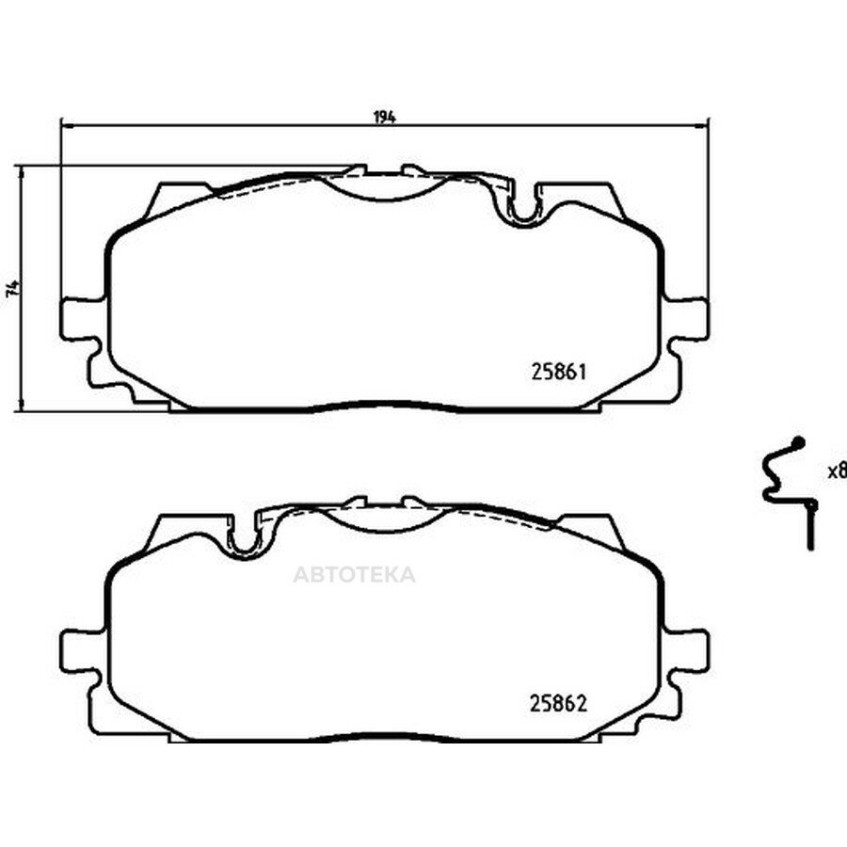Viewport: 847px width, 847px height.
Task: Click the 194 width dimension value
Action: (x=384, y=117)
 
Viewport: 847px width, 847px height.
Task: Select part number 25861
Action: (x=558, y=372)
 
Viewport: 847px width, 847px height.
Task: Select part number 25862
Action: (x=558, y=703)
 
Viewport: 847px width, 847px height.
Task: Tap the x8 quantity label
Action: (x=837, y=471)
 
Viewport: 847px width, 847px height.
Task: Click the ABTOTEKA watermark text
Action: (x=355, y=574)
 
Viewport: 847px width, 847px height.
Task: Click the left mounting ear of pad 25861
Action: (x=82, y=319)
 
